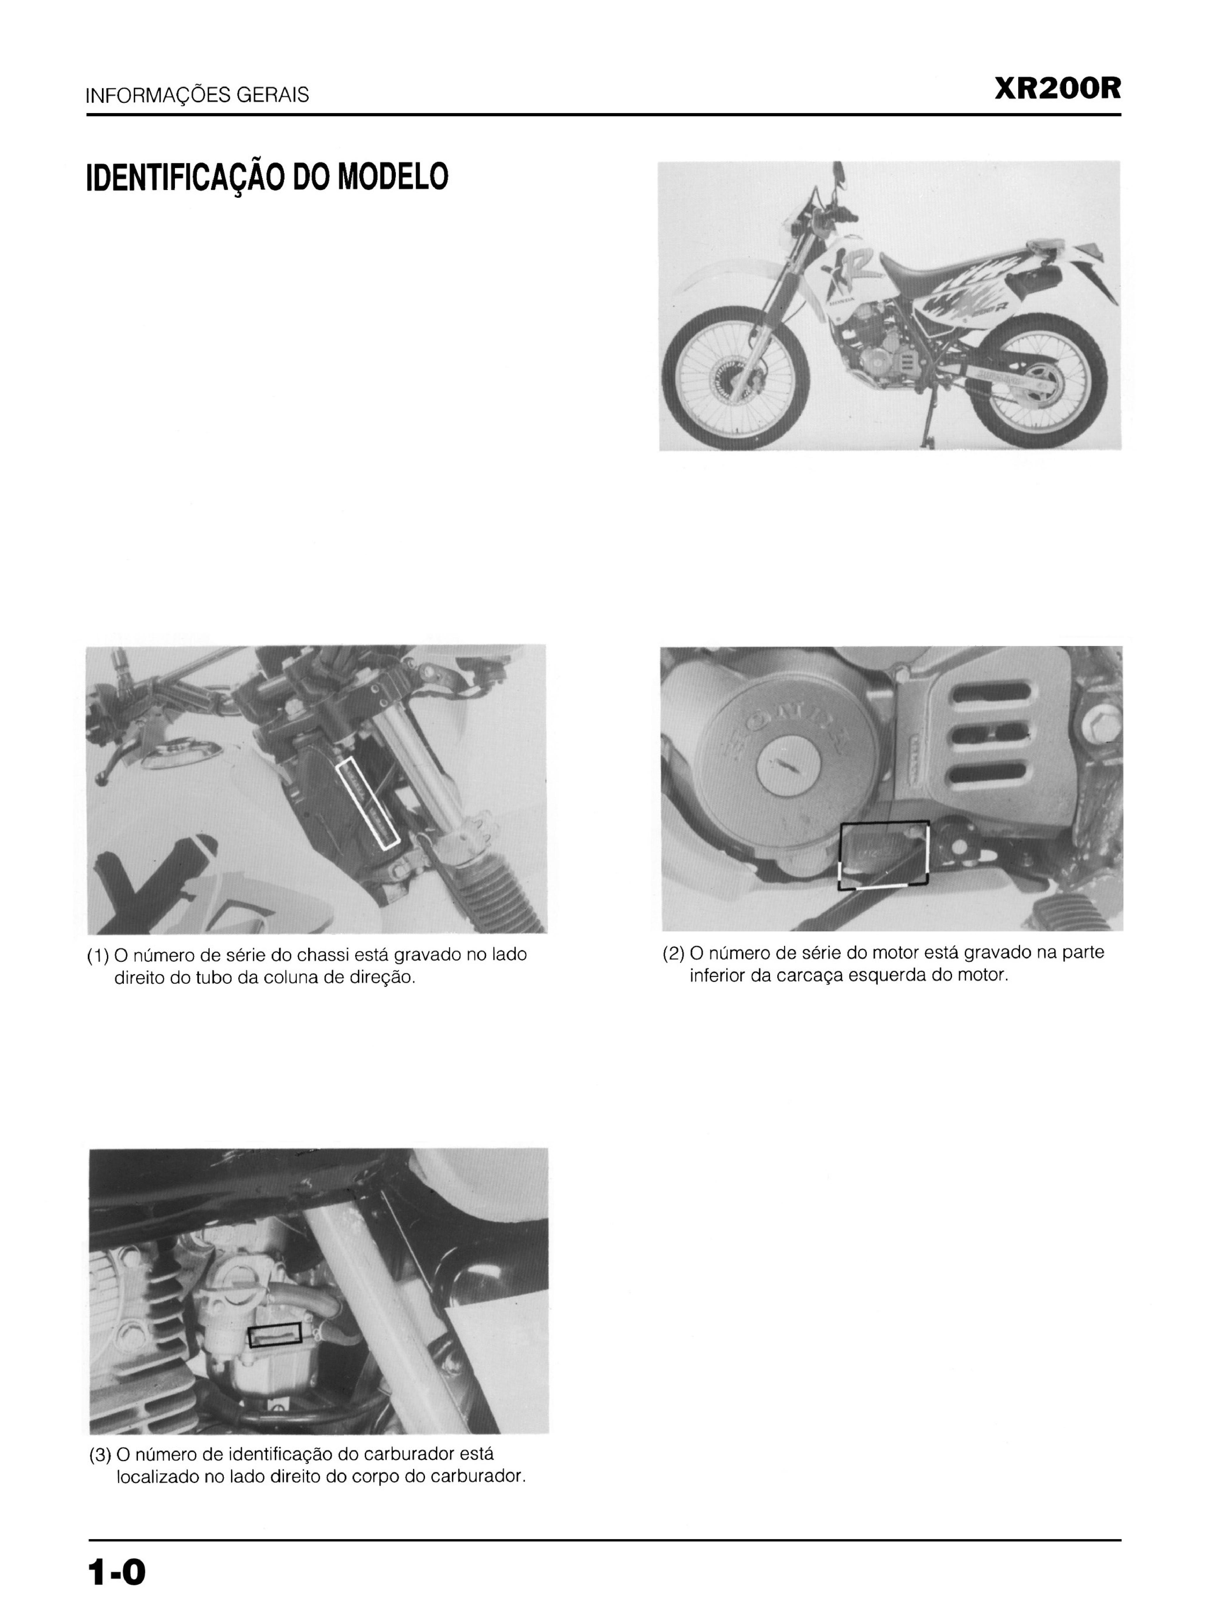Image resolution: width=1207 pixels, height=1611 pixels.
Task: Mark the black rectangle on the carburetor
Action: tap(275, 1334)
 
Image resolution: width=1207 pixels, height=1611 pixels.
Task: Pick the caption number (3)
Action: tap(100, 1455)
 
